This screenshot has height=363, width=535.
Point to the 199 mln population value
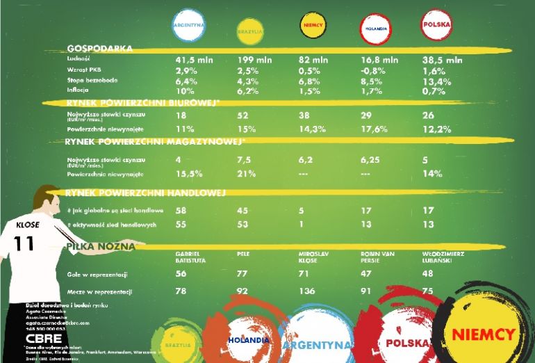click(254, 60)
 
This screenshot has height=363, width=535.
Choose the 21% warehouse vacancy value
click(247, 173)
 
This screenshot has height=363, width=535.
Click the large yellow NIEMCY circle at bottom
click(483, 334)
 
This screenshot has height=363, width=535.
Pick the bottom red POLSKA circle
click(408, 342)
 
